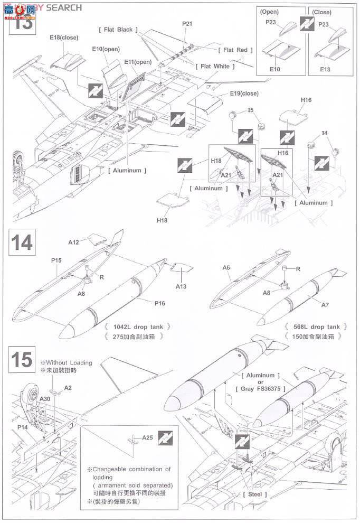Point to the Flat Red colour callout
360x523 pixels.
(x=235, y=50)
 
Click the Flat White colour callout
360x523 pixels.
(x=215, y=67)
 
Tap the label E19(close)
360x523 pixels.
(x=244, y=94)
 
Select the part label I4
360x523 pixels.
(x=325, y=135)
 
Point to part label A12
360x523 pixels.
(x=73, y=242)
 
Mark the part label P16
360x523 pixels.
(x=160, y=304)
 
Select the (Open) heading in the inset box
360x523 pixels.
(x=270, y=11)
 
